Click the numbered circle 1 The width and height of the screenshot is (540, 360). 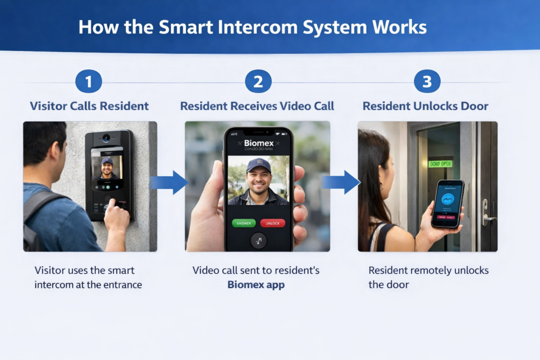pyautogui.click(x=89, y=82)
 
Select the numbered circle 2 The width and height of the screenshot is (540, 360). pyautogui.click(x=258, y=82)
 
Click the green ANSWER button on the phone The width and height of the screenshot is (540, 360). pyautogui.click(x=244, y=223)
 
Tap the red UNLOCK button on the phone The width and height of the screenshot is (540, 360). pyautogui.click(x=273, y=223)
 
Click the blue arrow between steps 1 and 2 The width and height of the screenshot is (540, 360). pyautogui.click(x=169, y=182)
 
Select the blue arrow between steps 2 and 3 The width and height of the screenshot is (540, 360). pyautogui.click(x=341, y=182)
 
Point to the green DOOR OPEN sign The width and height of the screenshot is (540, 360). pyautogui.click(x=440, y=164)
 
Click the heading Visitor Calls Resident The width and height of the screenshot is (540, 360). pyautogui.click(x=89, y=106)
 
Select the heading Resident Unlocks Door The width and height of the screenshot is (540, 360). pyautogui.click(x=426, y=106)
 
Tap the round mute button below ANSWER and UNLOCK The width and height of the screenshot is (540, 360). pyautogui.click(x=258, y=240)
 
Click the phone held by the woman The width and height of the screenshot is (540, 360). pyautogui.click(x=447, y=203)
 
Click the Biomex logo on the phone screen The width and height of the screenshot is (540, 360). pyautogui.click(x=258, y=143)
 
